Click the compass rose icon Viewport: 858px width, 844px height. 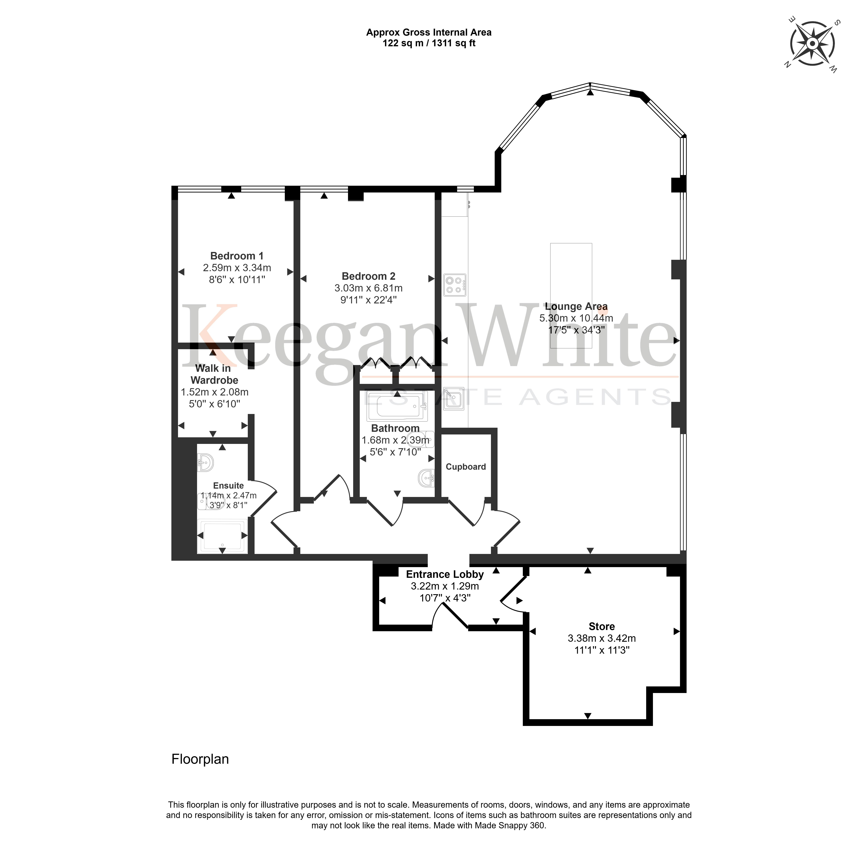pyautogui.click(x=812, y=44)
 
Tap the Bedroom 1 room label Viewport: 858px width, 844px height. pyautogui.click(x=237, y=256)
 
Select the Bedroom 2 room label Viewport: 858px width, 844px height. pyautogui.click(x=368, y=276)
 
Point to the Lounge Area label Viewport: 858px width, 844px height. pyautogui.click(x=576, y=306)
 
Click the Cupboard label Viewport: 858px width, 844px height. pyautogui.click(x=466, y=467)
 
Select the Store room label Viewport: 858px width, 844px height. pyautogui.click(x=601, y=626)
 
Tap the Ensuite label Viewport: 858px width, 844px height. pyautogui.click(x=228, y=485)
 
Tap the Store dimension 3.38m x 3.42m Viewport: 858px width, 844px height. pyautogui.click(x=601, y=638)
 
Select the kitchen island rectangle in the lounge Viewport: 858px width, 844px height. pyautogui.click(x=571, y=296)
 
